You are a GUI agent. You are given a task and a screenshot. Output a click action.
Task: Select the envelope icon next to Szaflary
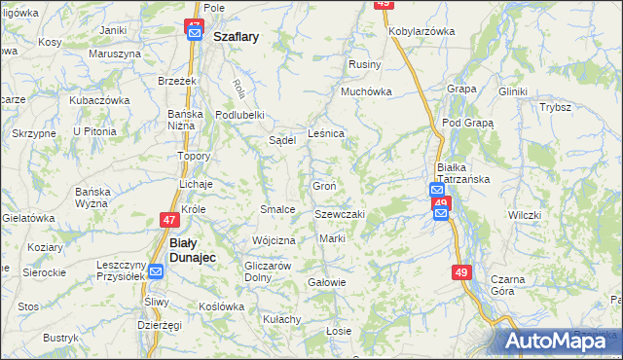pos(194,36)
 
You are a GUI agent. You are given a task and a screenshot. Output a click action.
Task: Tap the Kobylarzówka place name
pos(421,31)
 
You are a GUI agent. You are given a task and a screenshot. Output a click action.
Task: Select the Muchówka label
pos(365,92)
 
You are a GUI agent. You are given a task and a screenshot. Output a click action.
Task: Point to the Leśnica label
pos(325,133)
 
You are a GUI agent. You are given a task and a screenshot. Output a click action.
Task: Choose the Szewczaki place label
pos(339,214)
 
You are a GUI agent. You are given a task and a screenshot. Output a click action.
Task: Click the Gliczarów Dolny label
pos(268,271)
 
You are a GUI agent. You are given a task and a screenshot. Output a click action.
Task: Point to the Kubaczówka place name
pos(99,100)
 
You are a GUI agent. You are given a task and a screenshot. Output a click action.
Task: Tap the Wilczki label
pos(524,214)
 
